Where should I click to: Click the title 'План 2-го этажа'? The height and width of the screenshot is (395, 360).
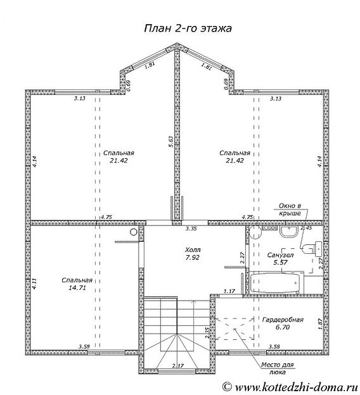pyautogui.click(x=188, y=28)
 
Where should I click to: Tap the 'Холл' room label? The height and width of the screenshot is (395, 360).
pyautogui.click(x=193, y=250)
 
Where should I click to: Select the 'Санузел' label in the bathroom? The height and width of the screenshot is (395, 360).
pyautogui.click(x=280, y=255)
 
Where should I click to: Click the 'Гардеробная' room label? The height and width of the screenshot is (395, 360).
pyautogui.click(x=283, y=320)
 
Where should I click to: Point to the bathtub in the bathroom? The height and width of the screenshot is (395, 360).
pyautogui.click(x=276, y=283)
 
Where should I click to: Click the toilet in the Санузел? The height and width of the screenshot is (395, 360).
pyautogui.click(x=312, y=248)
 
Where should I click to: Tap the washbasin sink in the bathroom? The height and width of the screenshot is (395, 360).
pyautogui.click(x=289, y=232)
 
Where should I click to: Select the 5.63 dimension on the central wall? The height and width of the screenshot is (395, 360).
pyautogui.click(x=171, y=142)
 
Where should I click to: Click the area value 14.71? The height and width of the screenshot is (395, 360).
pyautogui.click(x=77, y=287)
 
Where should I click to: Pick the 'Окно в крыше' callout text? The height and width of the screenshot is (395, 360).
pyautogui.click(x=290, y=210)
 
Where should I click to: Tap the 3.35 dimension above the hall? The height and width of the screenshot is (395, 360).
pyautogui.click(x=191, y=229)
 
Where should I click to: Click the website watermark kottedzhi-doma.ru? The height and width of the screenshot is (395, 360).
pyautogui.click(x=291, y=386)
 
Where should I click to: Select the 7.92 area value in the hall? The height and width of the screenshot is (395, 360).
pyautogui.click(x=192, y=258)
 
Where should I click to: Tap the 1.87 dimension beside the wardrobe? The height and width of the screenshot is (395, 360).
pyautogui.click(x=320, y=324)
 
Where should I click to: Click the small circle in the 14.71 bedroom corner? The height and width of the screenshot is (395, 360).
pyautogui.click(x=134, y=232)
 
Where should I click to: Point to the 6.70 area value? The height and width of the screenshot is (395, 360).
pyautogui.click(x=283, y=327)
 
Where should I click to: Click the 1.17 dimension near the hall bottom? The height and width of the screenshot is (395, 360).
pyautogui.click(x=229, y=291)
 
